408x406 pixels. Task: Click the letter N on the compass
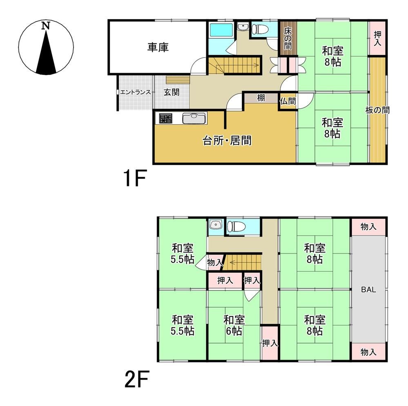46,26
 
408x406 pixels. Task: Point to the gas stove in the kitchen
166,118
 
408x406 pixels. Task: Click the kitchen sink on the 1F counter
194,118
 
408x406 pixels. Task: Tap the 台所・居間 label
227,141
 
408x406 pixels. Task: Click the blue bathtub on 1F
221,38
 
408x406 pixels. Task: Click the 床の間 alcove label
288,38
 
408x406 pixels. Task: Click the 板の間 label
377,110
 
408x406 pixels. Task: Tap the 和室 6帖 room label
234,325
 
